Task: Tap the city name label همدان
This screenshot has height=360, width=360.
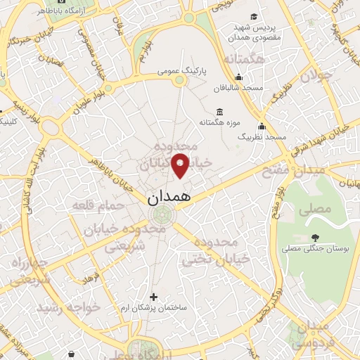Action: click(169, 198)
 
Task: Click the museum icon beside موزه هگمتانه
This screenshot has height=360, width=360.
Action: click(220, 112)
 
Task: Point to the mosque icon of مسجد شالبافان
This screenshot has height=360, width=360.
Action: click(239, 77)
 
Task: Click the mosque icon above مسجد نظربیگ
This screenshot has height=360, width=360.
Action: click(262, 127)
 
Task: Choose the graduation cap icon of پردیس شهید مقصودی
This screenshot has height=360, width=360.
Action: click(252, 17)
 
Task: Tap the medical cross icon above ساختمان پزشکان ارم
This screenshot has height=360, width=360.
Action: click(154, 297)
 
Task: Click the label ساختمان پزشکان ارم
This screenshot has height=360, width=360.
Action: click(154, 308)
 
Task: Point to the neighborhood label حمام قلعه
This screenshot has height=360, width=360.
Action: click(98, 205)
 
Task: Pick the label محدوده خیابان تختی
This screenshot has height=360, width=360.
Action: click(217, 251)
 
